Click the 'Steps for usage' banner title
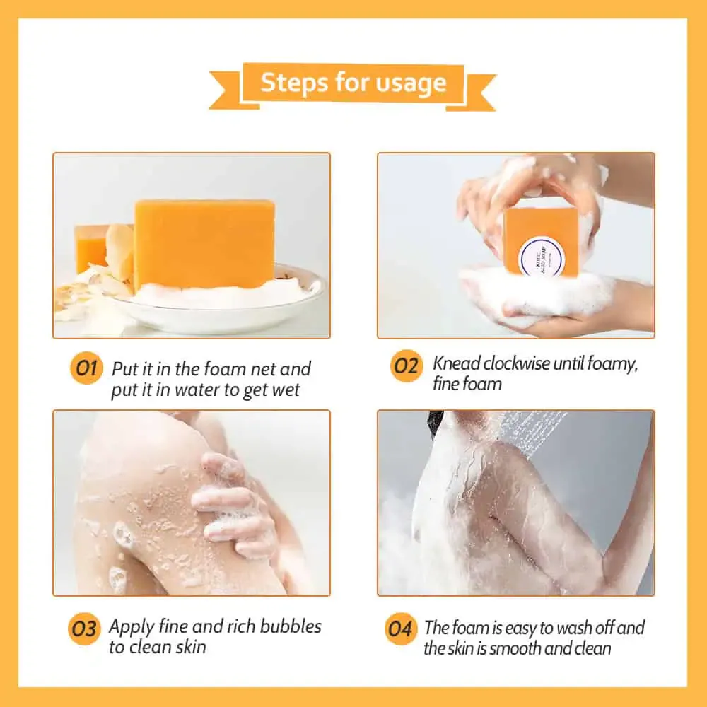point(353,83)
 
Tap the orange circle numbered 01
point(86,369)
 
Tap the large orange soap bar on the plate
point(204,244)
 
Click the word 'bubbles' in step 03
point(291,626)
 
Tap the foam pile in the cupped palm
point(530,293)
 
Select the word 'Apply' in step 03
point(132,627)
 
